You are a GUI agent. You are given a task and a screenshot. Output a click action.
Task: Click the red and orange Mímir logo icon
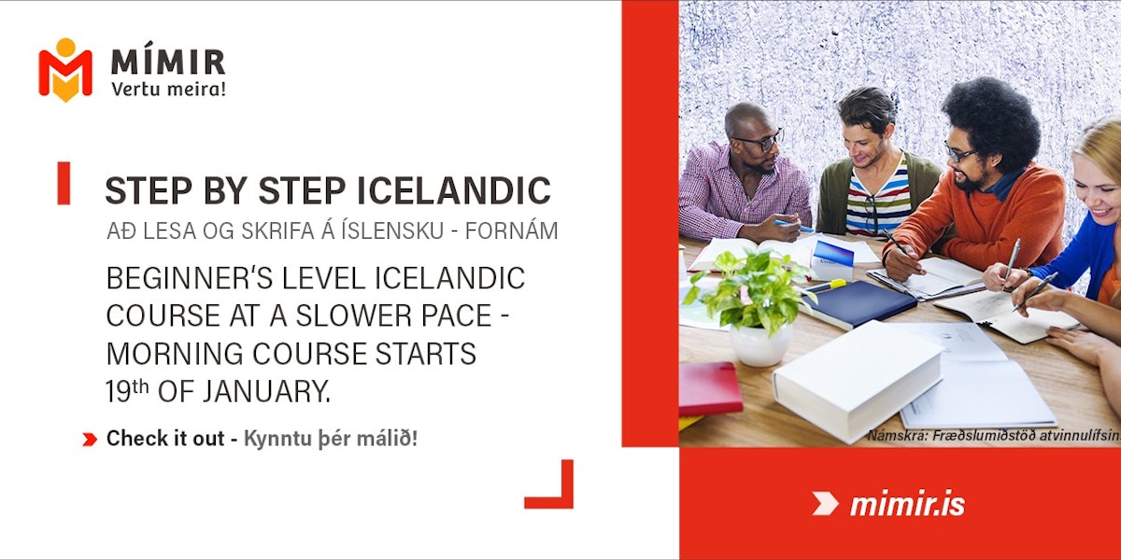tap(65, 70)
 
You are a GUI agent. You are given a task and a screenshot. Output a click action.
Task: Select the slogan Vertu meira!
tap(169, 89)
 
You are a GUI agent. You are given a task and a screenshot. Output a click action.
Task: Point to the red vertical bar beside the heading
tap(64, 183)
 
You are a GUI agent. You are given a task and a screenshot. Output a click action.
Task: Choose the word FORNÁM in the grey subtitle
tap(512, 231)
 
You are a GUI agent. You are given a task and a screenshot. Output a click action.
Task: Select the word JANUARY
tap(266, 391)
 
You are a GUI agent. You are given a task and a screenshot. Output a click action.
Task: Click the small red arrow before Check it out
tap(90, 440)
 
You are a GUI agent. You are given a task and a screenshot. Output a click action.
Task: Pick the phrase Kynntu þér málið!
tap(331, 439)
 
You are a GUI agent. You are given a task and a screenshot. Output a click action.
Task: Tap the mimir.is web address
tap(907, 504)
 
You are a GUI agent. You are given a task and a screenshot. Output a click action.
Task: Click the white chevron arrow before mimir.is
tap(825, 503)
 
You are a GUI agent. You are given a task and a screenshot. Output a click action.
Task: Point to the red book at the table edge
tap(710, 389)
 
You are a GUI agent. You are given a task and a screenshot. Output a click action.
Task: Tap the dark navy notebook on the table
tap(858, 303)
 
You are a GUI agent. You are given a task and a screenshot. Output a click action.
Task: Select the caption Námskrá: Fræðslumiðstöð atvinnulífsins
tap(994, 436)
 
